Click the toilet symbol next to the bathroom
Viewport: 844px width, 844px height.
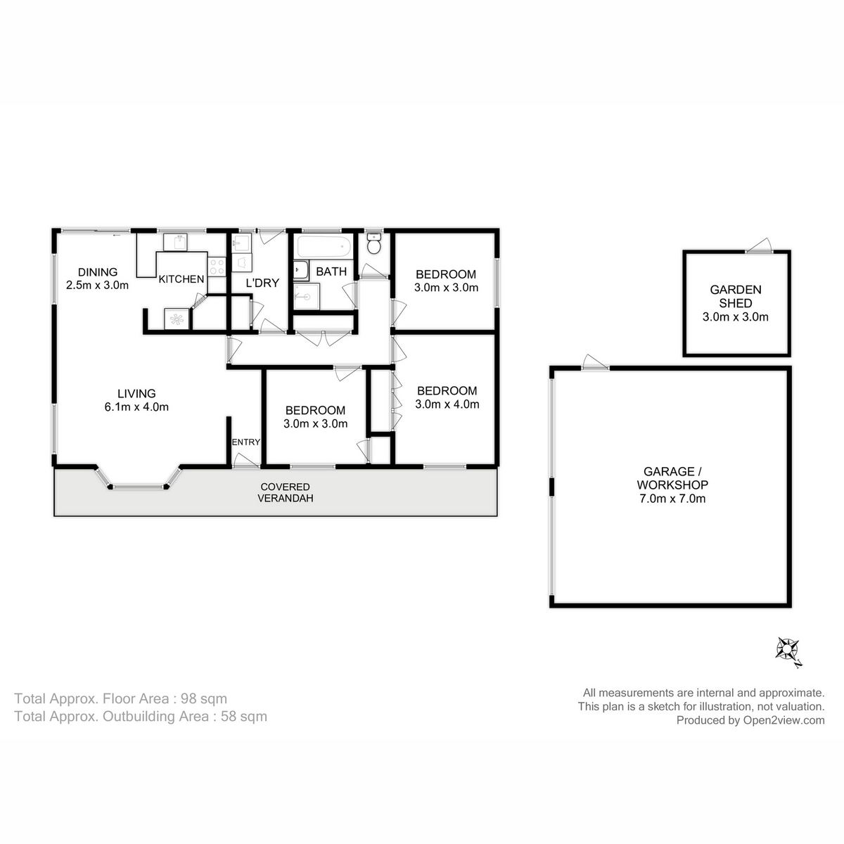(x=374, y=245)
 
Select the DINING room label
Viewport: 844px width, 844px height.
(x=97, y=272)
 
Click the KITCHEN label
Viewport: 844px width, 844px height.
(x=181, y=279)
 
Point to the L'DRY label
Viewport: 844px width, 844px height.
(x=262, y=283)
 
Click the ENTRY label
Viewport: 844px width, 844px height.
(x=246, y=442)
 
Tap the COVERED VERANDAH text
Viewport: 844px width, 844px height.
(x=285, y=492)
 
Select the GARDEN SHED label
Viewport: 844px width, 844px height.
(x=735, y=296)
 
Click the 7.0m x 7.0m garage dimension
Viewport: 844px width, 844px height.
(x=672, y=499)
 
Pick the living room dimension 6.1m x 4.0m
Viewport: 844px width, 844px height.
(x=136, y=407)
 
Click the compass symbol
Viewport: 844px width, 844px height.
(x=787, y=648)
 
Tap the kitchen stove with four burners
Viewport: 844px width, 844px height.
(x=216, y=267)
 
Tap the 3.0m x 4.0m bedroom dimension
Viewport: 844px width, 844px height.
(x=447, y=404)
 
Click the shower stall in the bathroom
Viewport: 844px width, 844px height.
(x=306, y=296)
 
